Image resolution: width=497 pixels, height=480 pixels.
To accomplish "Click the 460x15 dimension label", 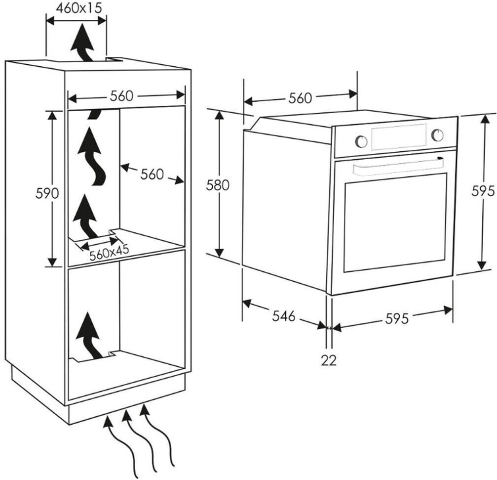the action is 79,8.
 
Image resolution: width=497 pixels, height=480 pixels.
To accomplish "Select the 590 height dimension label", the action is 47,193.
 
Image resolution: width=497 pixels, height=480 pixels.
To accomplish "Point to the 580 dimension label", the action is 218,185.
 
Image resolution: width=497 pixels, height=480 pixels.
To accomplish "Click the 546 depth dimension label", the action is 284,315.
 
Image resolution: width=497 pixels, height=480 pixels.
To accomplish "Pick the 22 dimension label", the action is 329,360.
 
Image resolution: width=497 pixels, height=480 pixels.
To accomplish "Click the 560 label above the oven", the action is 300,98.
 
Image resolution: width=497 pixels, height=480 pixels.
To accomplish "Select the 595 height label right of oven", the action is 483,191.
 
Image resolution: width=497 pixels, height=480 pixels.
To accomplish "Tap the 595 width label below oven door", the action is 397,318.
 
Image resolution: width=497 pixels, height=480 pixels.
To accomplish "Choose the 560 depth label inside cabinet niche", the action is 152,175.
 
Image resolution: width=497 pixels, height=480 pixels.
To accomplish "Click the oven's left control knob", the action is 361,141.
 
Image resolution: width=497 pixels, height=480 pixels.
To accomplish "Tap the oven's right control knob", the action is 437,135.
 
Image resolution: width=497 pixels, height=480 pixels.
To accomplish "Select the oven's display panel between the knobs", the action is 399,137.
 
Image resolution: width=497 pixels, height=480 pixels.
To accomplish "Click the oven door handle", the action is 397,165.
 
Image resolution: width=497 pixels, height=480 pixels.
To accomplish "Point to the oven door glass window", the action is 395,222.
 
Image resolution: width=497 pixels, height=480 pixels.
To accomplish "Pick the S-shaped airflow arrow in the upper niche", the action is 92,156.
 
